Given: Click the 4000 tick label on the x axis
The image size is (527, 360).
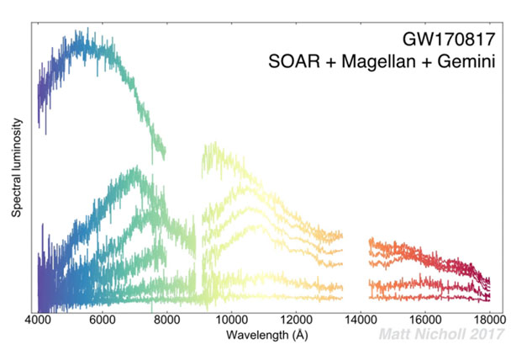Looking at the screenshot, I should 37,320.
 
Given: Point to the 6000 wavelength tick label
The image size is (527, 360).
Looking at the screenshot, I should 102,320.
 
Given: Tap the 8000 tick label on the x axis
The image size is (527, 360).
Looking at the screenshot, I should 166,320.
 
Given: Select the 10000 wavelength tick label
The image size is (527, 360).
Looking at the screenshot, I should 231,320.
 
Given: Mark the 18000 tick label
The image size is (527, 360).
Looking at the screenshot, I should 489,320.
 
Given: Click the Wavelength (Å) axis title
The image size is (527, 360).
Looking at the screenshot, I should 263,335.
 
